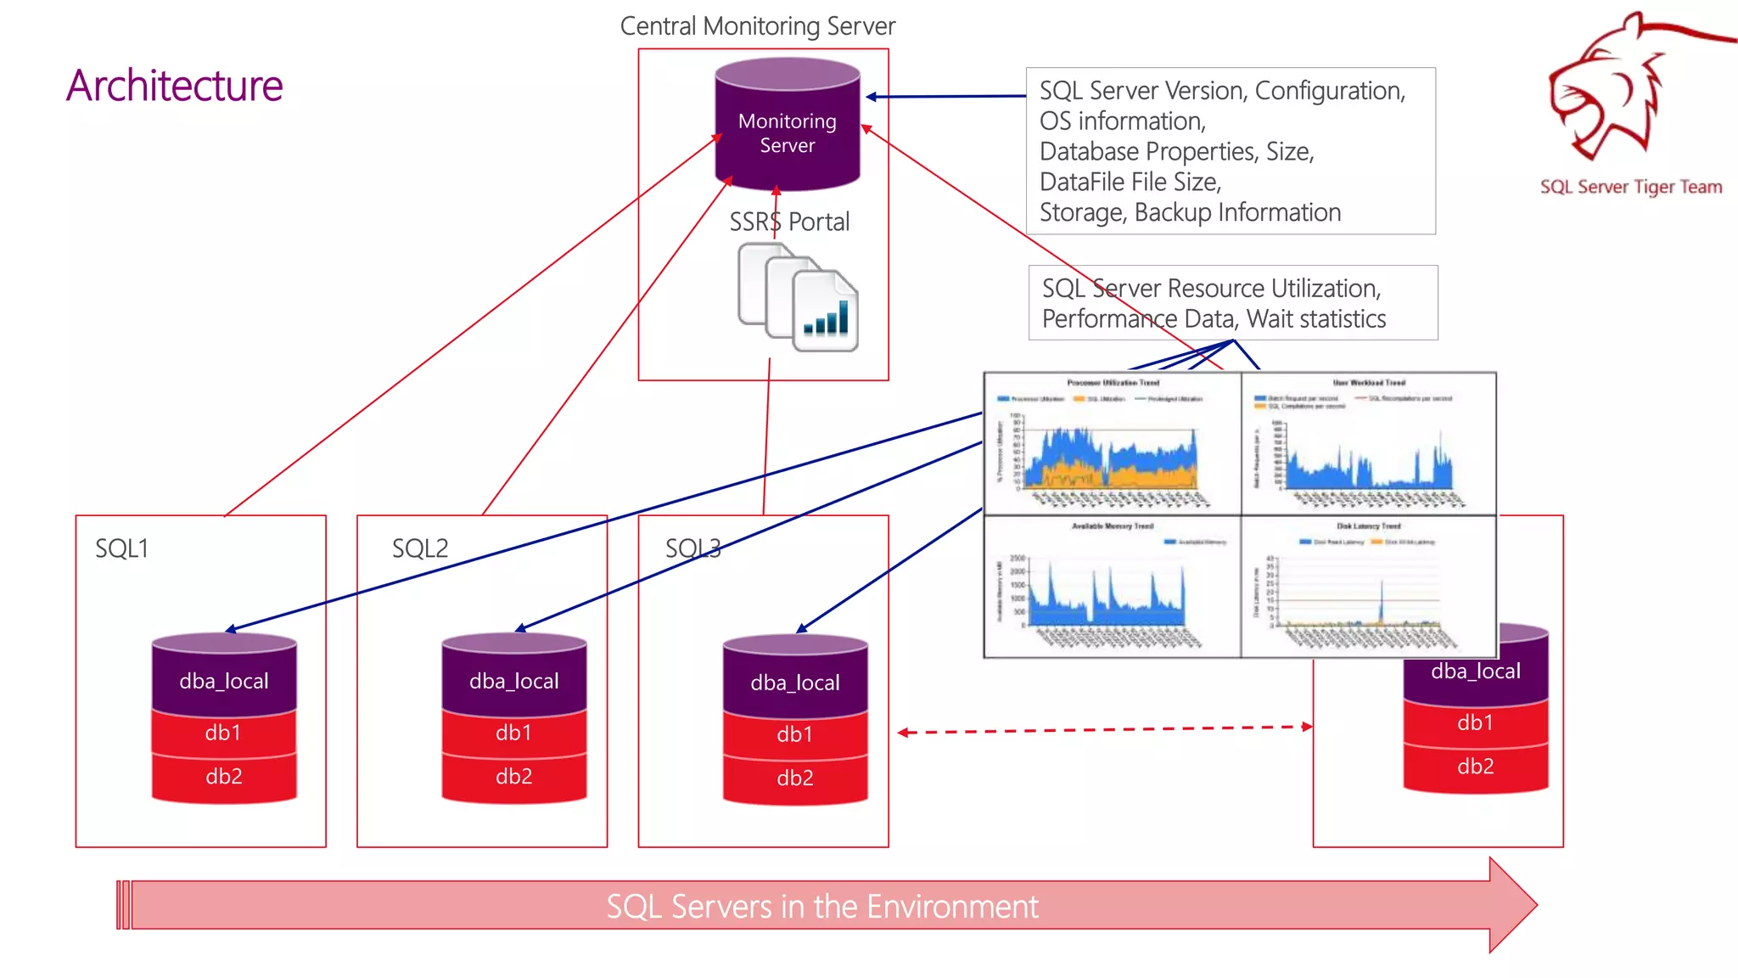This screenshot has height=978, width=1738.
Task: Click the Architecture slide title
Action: point(174,86)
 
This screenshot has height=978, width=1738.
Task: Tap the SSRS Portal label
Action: point(789,222)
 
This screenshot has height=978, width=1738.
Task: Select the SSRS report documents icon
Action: point(798,297)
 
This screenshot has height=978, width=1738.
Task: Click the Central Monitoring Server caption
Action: point(757,26)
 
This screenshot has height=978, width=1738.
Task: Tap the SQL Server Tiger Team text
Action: point(1630,187)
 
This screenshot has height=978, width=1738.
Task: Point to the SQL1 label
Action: point(121,548)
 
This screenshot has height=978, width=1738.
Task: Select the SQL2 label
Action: point(419,548)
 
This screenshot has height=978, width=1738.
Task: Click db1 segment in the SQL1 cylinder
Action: point(224,733)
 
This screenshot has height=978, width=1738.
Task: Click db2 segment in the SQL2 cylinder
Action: point(514,777)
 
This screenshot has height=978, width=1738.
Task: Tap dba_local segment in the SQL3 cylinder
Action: point(795,683)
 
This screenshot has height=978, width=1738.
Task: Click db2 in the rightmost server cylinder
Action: point(1476,767)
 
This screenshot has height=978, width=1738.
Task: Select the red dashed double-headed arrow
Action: point(1103,729)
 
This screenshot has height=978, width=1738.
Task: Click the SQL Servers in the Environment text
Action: point(821,907)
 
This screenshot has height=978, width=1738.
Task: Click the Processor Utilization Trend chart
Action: point(1112,443)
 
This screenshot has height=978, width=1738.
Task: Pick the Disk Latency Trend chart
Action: point(1368,586)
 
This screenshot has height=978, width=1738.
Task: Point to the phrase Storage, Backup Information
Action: point(1190,212)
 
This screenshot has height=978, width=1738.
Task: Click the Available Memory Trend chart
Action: point(1112,586)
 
